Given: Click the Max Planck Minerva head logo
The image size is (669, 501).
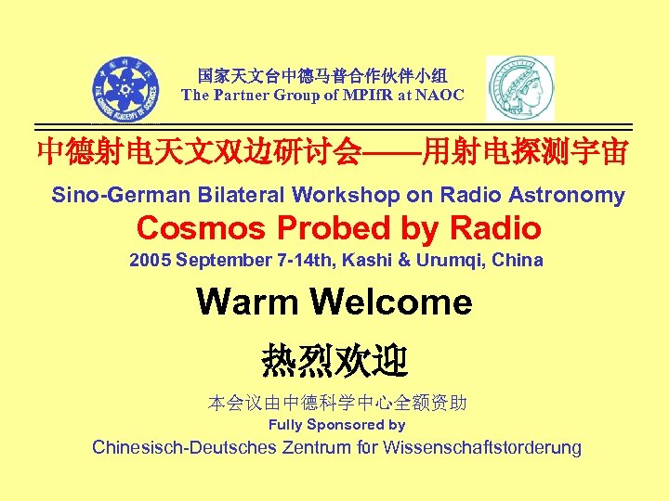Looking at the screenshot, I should click(519, 88).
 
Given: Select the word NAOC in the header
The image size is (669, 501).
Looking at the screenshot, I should click(441, 95).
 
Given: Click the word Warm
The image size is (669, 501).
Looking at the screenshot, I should click(245, 302).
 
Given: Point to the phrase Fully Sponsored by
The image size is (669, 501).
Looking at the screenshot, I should click(336, 425).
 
